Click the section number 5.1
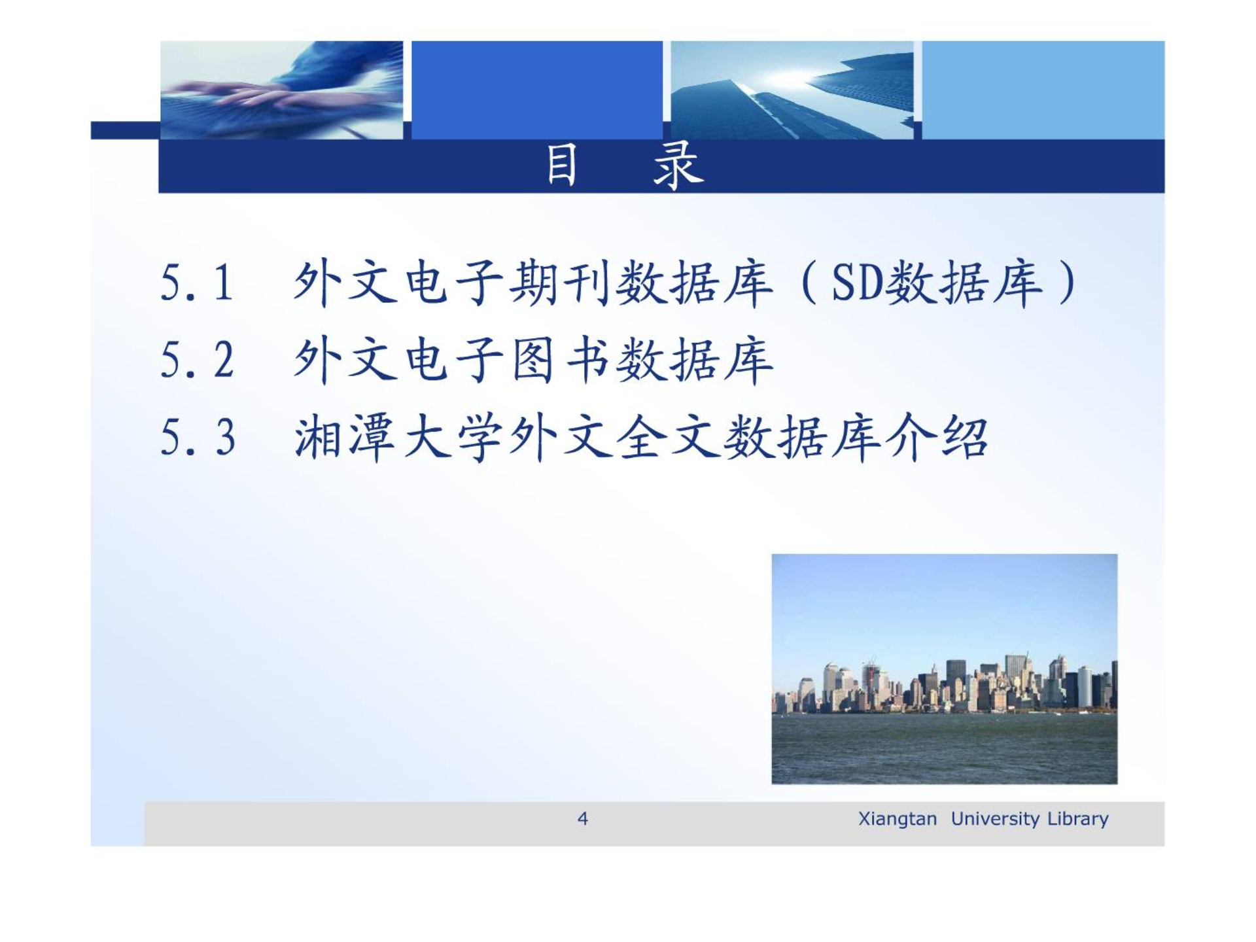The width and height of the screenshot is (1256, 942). (x=196, y=283)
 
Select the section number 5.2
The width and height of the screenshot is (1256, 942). (x=197, y=360)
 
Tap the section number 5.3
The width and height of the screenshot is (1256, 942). (x=198, y=437)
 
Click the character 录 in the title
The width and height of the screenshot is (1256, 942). (x=678, y=166)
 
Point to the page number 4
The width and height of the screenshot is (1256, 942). (x=582, y=818)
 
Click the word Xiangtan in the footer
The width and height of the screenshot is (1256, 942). (x=897, y=819)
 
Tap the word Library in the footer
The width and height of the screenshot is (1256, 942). (x=1077, y=819)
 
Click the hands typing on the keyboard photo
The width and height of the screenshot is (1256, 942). (x=281, y=90)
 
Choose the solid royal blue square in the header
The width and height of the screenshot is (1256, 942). (x=536, y=90)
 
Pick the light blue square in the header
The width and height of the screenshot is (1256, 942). (x=1043, y=90)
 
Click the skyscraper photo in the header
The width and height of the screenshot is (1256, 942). (x=792, y=90)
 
